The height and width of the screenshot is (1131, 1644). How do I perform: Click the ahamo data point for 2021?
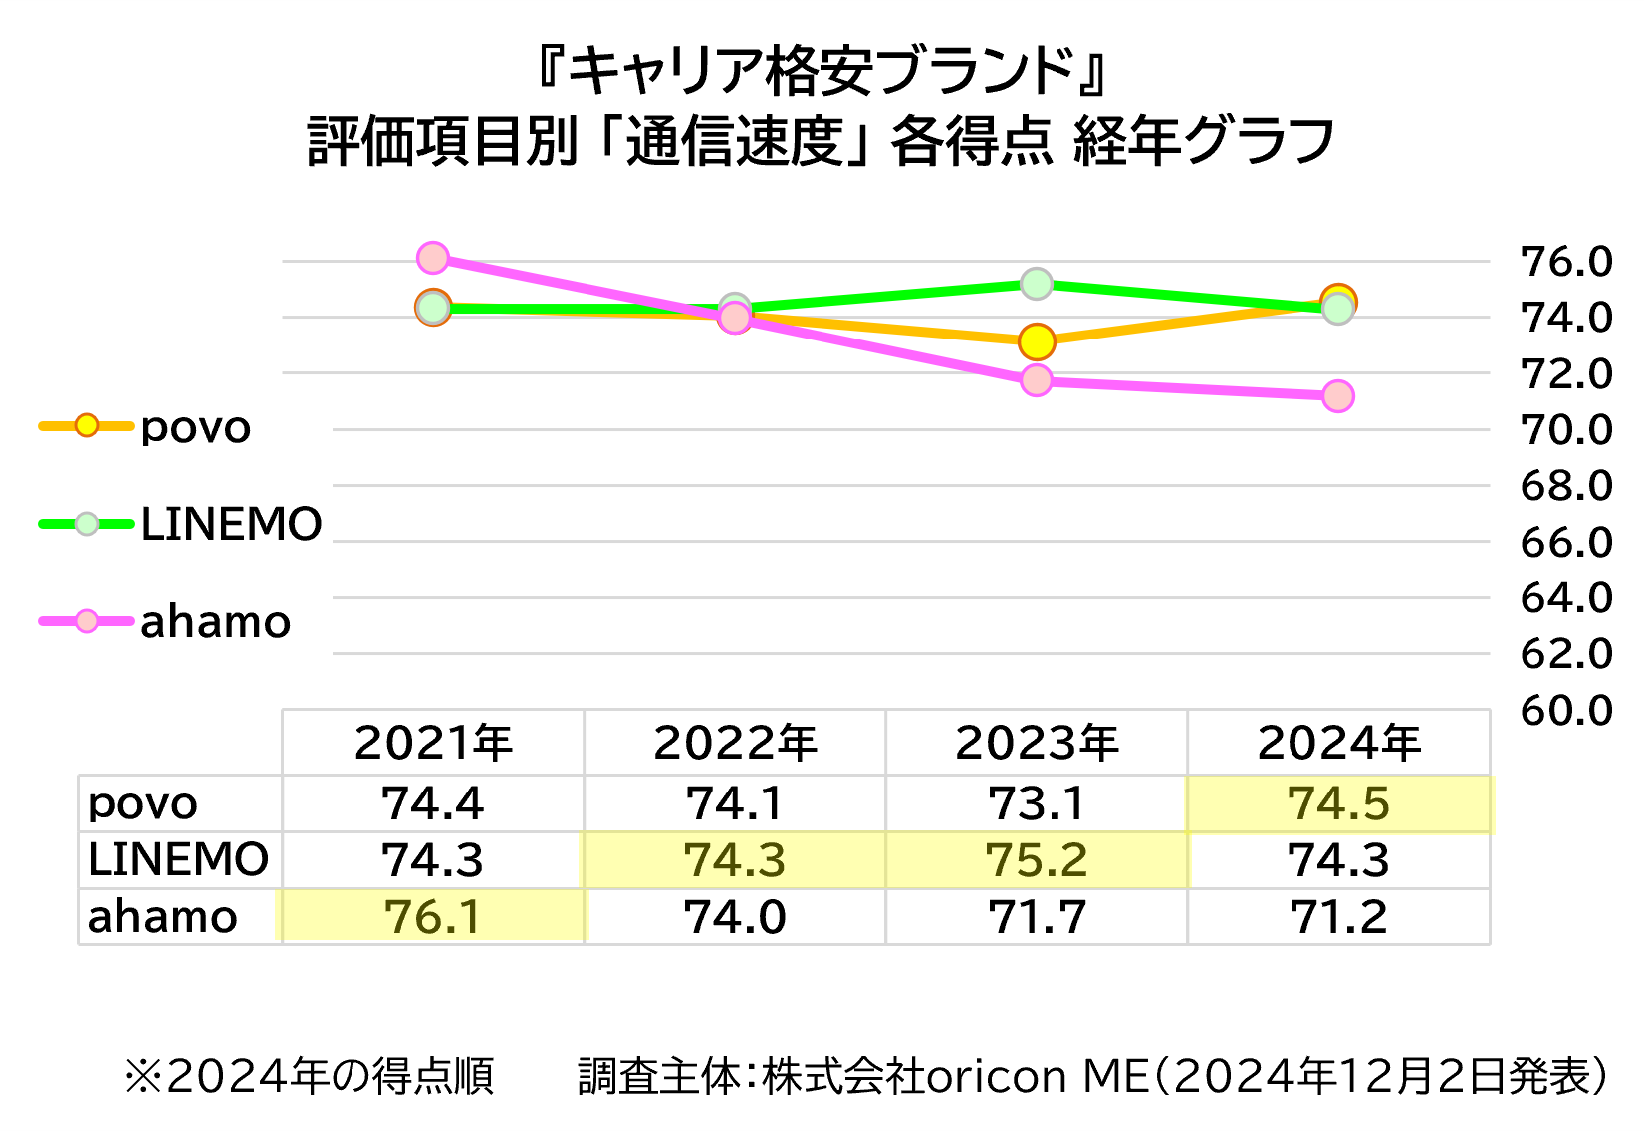tap(433, 258)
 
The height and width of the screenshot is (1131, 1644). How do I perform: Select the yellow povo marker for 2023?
tap(1037, 342)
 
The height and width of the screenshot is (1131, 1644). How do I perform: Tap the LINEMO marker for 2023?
tap(1037, 284)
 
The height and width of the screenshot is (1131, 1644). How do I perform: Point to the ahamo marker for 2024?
tap(1338, 396)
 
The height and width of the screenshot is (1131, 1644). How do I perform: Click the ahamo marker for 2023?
tap(1037, 380)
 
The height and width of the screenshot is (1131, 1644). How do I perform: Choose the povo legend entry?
tap(195, 427)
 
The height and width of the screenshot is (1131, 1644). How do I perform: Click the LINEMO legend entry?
tap(231, 524)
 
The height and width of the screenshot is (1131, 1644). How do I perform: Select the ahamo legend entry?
tap(215, 622)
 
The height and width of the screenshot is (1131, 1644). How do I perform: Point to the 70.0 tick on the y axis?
tap(1565, 430)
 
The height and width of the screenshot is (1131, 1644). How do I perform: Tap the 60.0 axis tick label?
tap(1565, 711)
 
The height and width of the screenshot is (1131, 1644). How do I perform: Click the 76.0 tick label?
tap(1565, 262)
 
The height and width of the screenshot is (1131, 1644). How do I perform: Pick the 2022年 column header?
tap(735, 743)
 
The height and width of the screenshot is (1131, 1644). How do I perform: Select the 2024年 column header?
tap(1338, 743)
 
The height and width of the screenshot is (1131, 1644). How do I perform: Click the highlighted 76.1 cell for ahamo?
tap(433, 917)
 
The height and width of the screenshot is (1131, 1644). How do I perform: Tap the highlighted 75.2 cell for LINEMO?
tap(1037, 860)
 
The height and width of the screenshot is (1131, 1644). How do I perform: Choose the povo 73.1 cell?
tap(1037, 803)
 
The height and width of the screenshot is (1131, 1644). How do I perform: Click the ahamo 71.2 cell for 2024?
tap(1338, 917)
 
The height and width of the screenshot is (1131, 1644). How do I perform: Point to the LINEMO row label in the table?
tap(178, 860)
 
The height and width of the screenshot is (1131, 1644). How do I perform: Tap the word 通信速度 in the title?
tap(735, 141)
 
